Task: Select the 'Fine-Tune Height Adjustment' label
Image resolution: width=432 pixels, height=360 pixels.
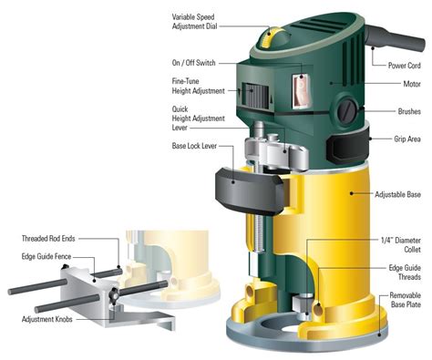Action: [193, 86]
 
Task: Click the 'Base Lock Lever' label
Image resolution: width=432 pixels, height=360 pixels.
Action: [193, 146]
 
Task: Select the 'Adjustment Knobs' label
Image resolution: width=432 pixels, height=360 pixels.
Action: [51, 320]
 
